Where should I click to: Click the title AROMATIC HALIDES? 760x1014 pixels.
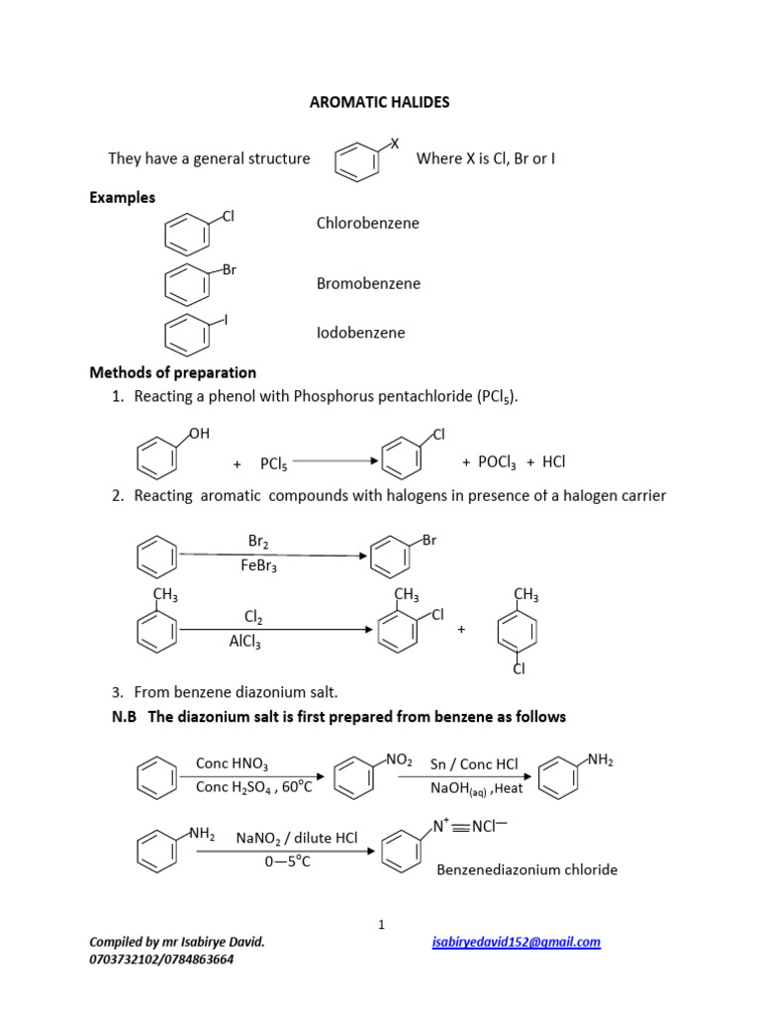(379, 102)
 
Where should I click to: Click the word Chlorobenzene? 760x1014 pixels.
(367, 223)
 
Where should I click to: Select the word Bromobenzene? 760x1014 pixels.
(368, 283)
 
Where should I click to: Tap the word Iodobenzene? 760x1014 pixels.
(360, 333)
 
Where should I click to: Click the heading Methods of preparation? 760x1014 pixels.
(172, 372)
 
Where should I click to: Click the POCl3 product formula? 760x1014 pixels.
(497, 462)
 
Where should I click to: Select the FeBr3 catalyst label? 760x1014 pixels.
(258, 565)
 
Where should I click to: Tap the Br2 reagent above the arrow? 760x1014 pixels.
(258, 541)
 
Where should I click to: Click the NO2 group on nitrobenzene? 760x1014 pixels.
(399, 760)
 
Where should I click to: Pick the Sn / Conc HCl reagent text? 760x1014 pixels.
(474, 764)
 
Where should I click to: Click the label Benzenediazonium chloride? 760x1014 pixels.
(526, 869)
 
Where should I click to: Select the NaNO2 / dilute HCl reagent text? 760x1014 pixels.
(296, 838)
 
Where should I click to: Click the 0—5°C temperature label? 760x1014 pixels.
(287, 862)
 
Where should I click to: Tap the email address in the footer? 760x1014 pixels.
(517, 942)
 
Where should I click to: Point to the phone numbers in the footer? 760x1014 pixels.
(161, 959)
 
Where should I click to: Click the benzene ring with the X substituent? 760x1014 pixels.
(357, 161)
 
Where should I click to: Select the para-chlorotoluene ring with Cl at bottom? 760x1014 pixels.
(518, 632)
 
